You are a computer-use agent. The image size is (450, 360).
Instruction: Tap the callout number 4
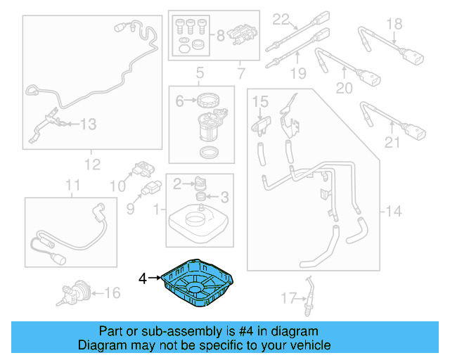143,279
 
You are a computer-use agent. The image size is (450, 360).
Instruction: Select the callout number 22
282,18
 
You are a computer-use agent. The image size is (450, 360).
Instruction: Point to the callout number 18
394,25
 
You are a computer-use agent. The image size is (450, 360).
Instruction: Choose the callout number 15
260,103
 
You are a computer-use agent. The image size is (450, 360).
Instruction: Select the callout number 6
179,101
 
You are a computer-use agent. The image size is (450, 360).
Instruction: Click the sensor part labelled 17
311,292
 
